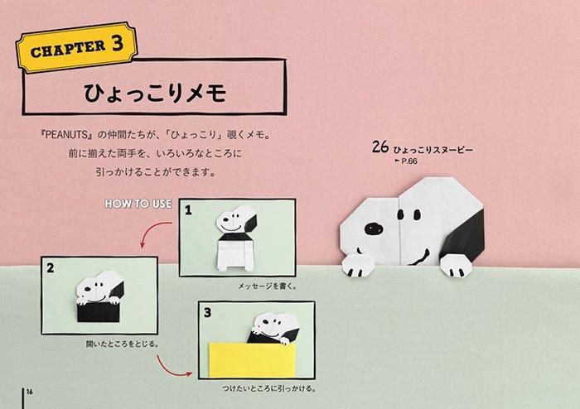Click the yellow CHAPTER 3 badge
tap(76, 47)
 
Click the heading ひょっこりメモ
tap(155, 93)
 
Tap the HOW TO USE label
tap(138, 204)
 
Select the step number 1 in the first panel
tap(188, 209)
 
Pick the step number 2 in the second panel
tap(51, 267)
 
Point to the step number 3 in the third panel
tap(207, 313)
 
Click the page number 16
tap(30, 392)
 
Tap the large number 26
tap(380, 147)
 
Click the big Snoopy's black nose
tap(374, 229)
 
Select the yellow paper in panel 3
tap(252, 360)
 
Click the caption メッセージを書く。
tap(268, 286)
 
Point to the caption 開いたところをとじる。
tap(123, 344)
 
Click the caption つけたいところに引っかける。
tap(269, 388)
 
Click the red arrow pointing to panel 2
tap(148, 230)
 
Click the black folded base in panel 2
tap(99, 311)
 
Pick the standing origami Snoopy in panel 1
tap(235, 238)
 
